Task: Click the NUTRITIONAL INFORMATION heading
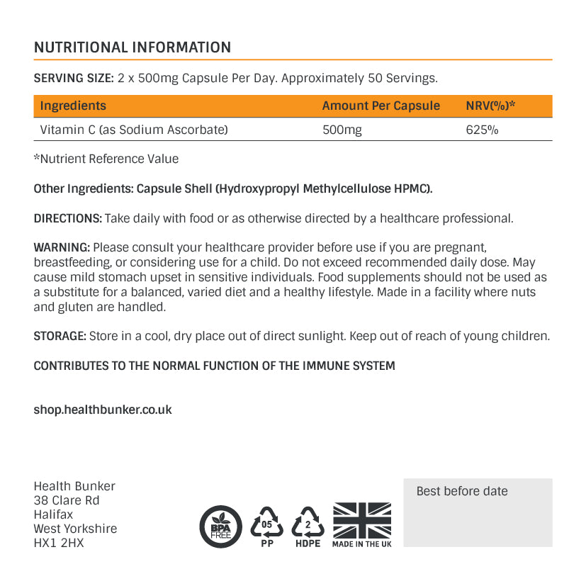click(x=133, y=47)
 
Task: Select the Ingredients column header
click(x=73, y=106)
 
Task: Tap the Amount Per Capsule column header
click(x=381, y=106)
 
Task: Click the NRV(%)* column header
click(x=490, y=106)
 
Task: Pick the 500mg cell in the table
click(x=342, y=130)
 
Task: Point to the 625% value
click(x=482, y=130)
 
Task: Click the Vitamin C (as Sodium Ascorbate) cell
click(x=134, y=130)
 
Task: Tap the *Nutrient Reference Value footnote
click(x=106, y=159)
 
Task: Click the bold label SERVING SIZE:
click(x=74, y=77)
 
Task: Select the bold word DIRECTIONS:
click(x=68, y=218)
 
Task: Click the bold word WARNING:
click(x=62, y=247)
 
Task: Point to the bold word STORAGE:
click(x=60, y=336)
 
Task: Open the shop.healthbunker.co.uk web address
click(x=103, y=410)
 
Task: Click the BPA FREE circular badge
click(x=221, y=526)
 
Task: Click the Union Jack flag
click(x=361, y=520)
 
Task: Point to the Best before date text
click(x=462, y=491)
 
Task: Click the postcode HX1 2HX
click(x=59, y=543)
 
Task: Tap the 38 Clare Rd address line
click(x=67, y=500)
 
